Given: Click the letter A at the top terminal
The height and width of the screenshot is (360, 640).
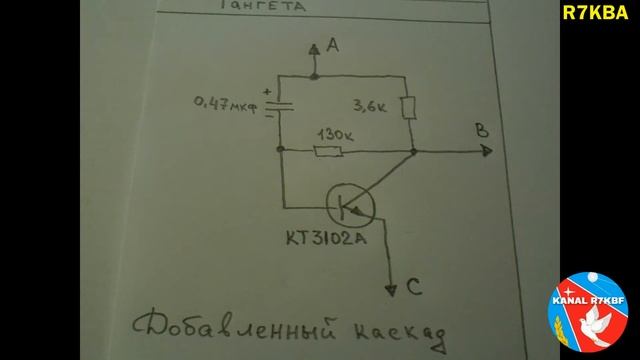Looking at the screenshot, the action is [x=335, y=46].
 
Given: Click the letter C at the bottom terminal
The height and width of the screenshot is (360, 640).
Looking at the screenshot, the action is [x=413, y=290].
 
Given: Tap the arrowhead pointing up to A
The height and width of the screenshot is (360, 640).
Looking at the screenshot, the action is [x=313, y=47].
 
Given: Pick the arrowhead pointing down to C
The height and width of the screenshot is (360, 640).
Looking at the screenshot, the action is [x=391, y=289].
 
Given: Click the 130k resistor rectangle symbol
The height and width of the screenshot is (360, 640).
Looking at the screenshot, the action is [x=327, y=151].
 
